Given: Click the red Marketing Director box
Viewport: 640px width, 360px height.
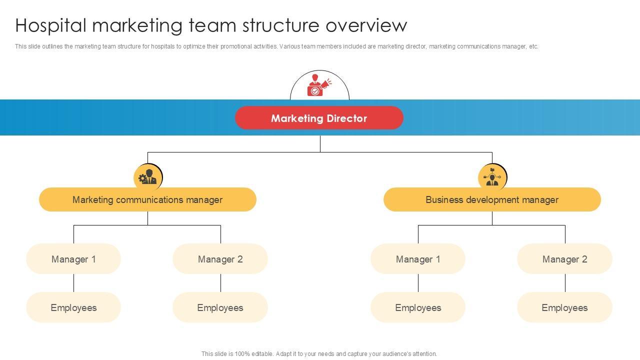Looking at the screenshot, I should click(319, 118).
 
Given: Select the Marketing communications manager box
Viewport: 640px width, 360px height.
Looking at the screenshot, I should click(147, 199).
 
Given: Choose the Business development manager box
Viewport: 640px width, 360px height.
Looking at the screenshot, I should click(492, 199).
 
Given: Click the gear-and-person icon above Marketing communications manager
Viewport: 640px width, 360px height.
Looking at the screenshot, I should click(147, 177).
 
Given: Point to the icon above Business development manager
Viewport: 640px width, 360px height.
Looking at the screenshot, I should click(492, 177).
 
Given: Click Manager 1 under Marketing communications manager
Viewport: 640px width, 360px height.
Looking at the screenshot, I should click(73, 259).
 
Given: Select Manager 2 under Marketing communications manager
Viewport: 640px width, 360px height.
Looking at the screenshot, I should click(220, 259).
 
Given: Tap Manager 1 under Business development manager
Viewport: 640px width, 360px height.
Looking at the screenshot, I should click(418, 259).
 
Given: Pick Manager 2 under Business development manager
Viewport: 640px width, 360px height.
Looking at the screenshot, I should click(564, 259).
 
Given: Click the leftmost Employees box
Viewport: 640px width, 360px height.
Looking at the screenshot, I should click(73, 307).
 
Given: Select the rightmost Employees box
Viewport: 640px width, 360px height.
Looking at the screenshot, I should click(564, 307).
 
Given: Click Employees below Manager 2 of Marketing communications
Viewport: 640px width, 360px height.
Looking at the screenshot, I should click(220, 307).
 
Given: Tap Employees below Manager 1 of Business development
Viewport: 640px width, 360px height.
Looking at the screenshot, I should click(418, 307).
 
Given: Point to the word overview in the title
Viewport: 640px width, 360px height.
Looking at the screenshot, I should click(366, 25).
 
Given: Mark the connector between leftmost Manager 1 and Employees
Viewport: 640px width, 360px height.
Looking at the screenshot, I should click(73, 283).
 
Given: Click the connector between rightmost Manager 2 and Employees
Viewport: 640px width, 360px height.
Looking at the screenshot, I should click(565, 283).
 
